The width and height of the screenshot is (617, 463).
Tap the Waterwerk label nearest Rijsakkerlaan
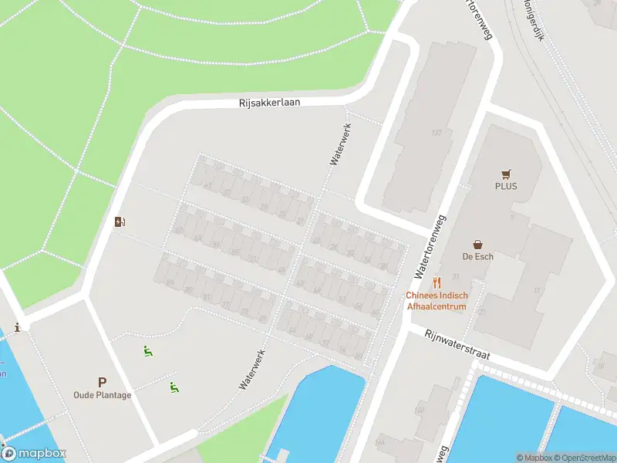(x=340, y=144)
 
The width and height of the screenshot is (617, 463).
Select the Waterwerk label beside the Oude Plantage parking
(x=252, y=369)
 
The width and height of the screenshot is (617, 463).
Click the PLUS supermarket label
(x=506, y=186)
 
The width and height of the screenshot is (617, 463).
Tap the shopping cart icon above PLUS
(x=506, y=174)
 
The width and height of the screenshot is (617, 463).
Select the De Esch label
(x=477, y=256)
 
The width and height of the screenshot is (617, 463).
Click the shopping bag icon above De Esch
(x=478, y=244)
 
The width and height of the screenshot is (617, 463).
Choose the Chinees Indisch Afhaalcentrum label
(x=437, y=301)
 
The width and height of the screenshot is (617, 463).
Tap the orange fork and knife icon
(x=437, y=282)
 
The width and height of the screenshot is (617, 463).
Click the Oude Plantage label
(x=102, y=395)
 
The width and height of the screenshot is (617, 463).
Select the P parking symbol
(x=102, y=382)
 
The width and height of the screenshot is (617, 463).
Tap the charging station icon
(x=120, y=222)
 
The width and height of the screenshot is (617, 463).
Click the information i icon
(x=17, y=327)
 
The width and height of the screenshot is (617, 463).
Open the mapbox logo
(x=34, y=454)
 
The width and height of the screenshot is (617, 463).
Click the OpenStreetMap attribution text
(x=584, y=458)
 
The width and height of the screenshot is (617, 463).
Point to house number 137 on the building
(x=437, y=133)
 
